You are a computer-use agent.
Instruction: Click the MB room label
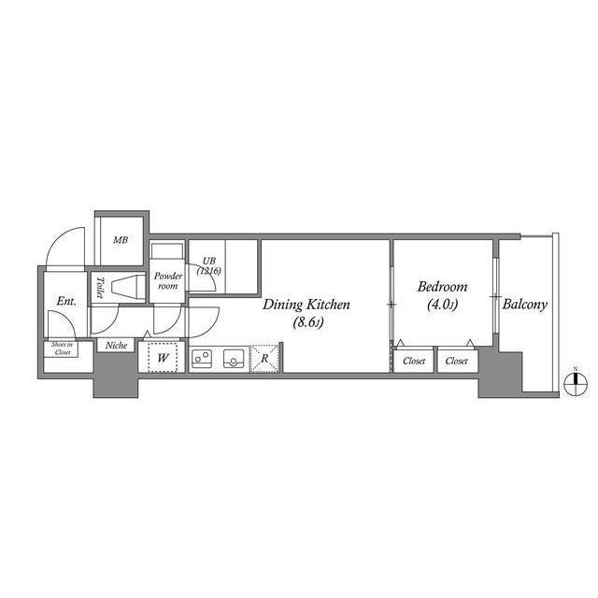[121, 240]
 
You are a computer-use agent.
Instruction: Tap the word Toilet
[99, 288]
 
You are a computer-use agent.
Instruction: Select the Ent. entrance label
[65, 301]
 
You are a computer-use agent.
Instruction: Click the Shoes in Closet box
[63, 349]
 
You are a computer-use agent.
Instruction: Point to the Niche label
[116, 346]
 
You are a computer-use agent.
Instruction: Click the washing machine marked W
[163, 358]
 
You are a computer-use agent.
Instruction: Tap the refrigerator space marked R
[265, 358]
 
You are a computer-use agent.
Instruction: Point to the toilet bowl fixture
[122, 287]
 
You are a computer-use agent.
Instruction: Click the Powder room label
[167, 281]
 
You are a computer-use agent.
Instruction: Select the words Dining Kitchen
[306, 305]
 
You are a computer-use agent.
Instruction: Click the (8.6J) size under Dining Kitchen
[306, 322]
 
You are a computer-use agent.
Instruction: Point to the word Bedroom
[442, 287]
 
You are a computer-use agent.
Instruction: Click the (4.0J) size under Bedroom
[442, 305]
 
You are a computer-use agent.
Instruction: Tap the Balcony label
[524, 305]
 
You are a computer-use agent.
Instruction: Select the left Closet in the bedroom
[413, 361]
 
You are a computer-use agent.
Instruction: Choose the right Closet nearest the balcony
[457, 361]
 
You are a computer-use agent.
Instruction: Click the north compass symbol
[577, 377]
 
